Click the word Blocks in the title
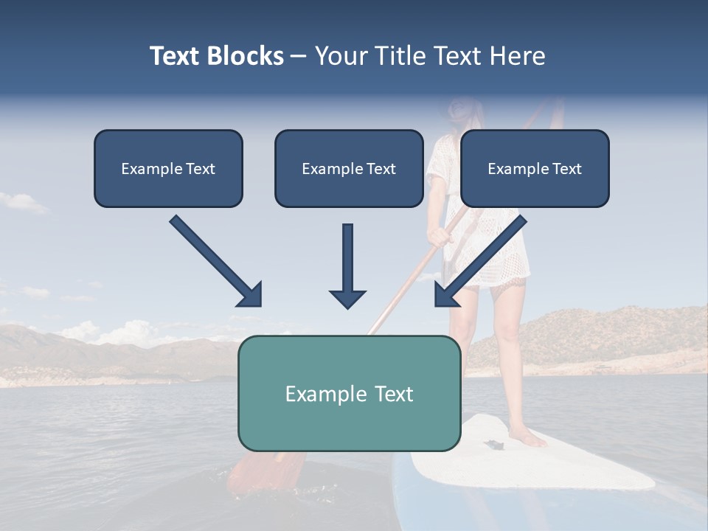pos(247,56)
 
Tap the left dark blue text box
pos(168,169)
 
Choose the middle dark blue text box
pos(349,169)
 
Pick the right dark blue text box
pos(535,169)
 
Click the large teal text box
pos(349,393)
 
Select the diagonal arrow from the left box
pos(217,262)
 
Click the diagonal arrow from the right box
pos(479,262)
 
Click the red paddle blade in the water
pos(269,472)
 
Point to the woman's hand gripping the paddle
pos(440,236)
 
